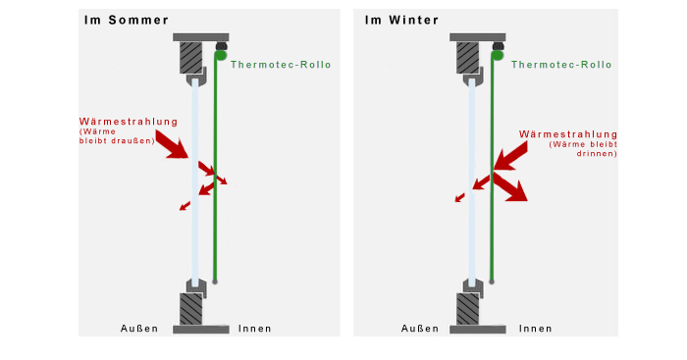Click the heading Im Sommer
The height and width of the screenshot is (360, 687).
click(127, 21)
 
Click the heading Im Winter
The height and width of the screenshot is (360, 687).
click(401, 21)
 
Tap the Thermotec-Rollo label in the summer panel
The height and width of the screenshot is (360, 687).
click(281, 65)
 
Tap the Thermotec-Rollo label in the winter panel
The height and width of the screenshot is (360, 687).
click(561, 65)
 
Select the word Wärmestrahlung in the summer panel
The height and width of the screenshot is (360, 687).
click(129, 122)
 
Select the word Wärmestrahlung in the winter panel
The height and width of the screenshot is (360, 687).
click(568, 134)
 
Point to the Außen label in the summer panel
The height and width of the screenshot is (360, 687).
click(139, 329)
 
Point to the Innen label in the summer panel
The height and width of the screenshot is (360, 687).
click(255, 329)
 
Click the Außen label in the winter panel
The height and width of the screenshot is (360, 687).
click(420, 329)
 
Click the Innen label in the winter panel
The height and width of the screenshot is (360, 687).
click(536, 329)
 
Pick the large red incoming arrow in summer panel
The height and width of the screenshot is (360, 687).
click(173, 144)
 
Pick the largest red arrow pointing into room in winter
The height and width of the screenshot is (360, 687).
click(510, 186)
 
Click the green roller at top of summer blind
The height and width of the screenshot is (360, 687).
click(220, 55)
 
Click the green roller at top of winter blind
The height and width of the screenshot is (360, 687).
click(497, 55)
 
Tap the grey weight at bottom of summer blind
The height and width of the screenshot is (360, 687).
click(215, 282)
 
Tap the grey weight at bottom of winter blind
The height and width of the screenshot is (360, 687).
click(492, 282)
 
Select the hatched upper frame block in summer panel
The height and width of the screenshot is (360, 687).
click(191, 57)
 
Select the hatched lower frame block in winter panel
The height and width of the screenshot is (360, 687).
click(467, 309)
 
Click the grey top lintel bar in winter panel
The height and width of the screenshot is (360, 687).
click(478, 37)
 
